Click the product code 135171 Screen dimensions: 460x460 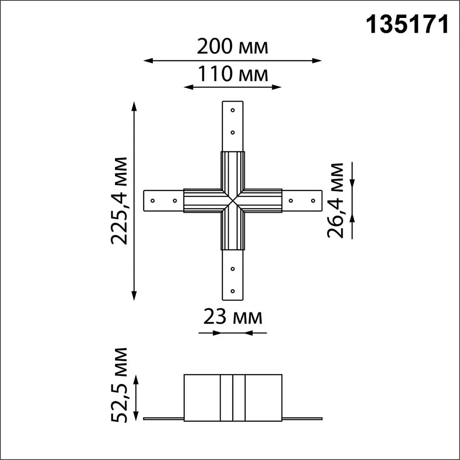[x=408, y=25]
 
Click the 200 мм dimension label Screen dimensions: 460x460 [x=232, y=46]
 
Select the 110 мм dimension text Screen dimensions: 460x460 [x=232, y=74]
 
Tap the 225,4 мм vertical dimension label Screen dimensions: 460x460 [x=120, y=200]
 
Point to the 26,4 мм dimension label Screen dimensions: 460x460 [x=336, y=200]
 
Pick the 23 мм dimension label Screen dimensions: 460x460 [x=232, y=318]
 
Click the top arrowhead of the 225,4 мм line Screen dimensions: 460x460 [x=133, y=106]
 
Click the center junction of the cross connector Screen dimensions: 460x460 [x=233, y=200]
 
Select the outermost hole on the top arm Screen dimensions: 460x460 [x=233, y=110]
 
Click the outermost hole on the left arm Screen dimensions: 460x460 [x=153, y=200]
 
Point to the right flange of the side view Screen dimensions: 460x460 [x=302, y=419]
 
